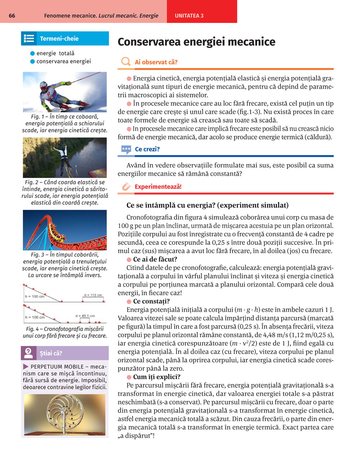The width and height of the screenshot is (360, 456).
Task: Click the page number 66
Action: click(x=12, y=16)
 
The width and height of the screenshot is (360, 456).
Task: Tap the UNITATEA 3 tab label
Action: click(x=189, y=16)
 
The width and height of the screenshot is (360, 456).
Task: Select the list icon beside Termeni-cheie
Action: click(x=28, y=38)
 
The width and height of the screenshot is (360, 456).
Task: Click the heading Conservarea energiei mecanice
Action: click(x=196, y=42)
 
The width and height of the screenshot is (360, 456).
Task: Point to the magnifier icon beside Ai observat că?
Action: click(x=126, y=62)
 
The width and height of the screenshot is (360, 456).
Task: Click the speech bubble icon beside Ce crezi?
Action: click(x=126, y=149)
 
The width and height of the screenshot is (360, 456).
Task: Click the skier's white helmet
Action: click(x=44, y=86)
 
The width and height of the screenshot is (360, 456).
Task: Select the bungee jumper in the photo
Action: click(x=64, y=156)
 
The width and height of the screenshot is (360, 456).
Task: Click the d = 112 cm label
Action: click(x=93, y=295)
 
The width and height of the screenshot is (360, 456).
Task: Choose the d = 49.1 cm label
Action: click(x=85, y=316)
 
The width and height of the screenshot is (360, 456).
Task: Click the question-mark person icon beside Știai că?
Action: click(x=28, y=353)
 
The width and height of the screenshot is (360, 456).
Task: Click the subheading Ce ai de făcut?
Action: click(x=155, y=259)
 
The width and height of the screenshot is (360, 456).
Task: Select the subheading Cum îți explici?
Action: click(x=157, y=377)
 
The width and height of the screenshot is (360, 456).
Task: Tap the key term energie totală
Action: click(x=55, y=53)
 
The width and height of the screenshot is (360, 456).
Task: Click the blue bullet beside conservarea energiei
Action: click(x=32, y=61)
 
